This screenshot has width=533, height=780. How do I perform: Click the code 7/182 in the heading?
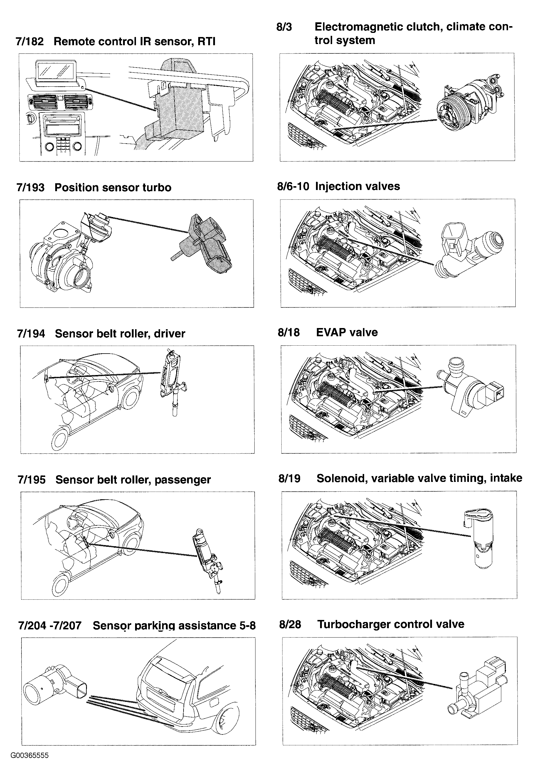[30, 42]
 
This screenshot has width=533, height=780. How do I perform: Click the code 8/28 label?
[290, 624]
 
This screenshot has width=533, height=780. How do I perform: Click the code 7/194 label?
[31, 334]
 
